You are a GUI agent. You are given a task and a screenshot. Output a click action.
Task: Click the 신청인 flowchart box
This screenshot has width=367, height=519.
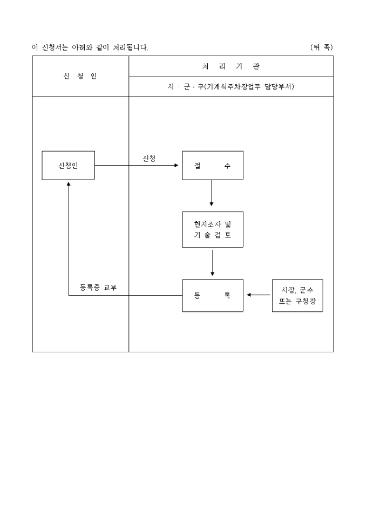pos(69,166)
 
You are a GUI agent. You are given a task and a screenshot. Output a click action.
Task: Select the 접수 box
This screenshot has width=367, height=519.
pos(213,166)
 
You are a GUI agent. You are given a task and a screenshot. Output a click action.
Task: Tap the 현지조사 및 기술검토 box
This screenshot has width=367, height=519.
pos(213,229)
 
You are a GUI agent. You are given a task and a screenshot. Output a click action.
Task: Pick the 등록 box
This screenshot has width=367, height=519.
pos(213,296)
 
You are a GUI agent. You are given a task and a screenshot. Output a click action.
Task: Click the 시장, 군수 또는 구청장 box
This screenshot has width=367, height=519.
pos(297,296)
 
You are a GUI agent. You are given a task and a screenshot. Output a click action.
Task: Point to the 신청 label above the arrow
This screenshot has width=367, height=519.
pos(149,158)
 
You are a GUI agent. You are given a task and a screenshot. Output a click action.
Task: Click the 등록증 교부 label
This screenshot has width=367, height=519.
pos(98,288)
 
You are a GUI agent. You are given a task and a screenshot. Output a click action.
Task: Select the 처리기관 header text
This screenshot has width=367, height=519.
pos(231,66)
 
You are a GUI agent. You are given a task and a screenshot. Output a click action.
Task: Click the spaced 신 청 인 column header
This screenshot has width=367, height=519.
pos(80,76)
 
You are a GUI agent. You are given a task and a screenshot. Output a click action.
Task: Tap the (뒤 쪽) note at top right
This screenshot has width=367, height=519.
pos(322,47)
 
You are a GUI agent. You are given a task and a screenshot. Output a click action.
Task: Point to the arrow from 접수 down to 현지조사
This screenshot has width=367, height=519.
pos(212,193)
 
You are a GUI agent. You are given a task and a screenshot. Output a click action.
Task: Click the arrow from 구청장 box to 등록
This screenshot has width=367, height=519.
pos(259,295)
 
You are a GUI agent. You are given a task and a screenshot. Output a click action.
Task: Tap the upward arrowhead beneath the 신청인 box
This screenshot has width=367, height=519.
pos(69,183)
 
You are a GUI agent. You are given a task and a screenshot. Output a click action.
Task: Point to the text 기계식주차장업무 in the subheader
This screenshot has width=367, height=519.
pos(235,87)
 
